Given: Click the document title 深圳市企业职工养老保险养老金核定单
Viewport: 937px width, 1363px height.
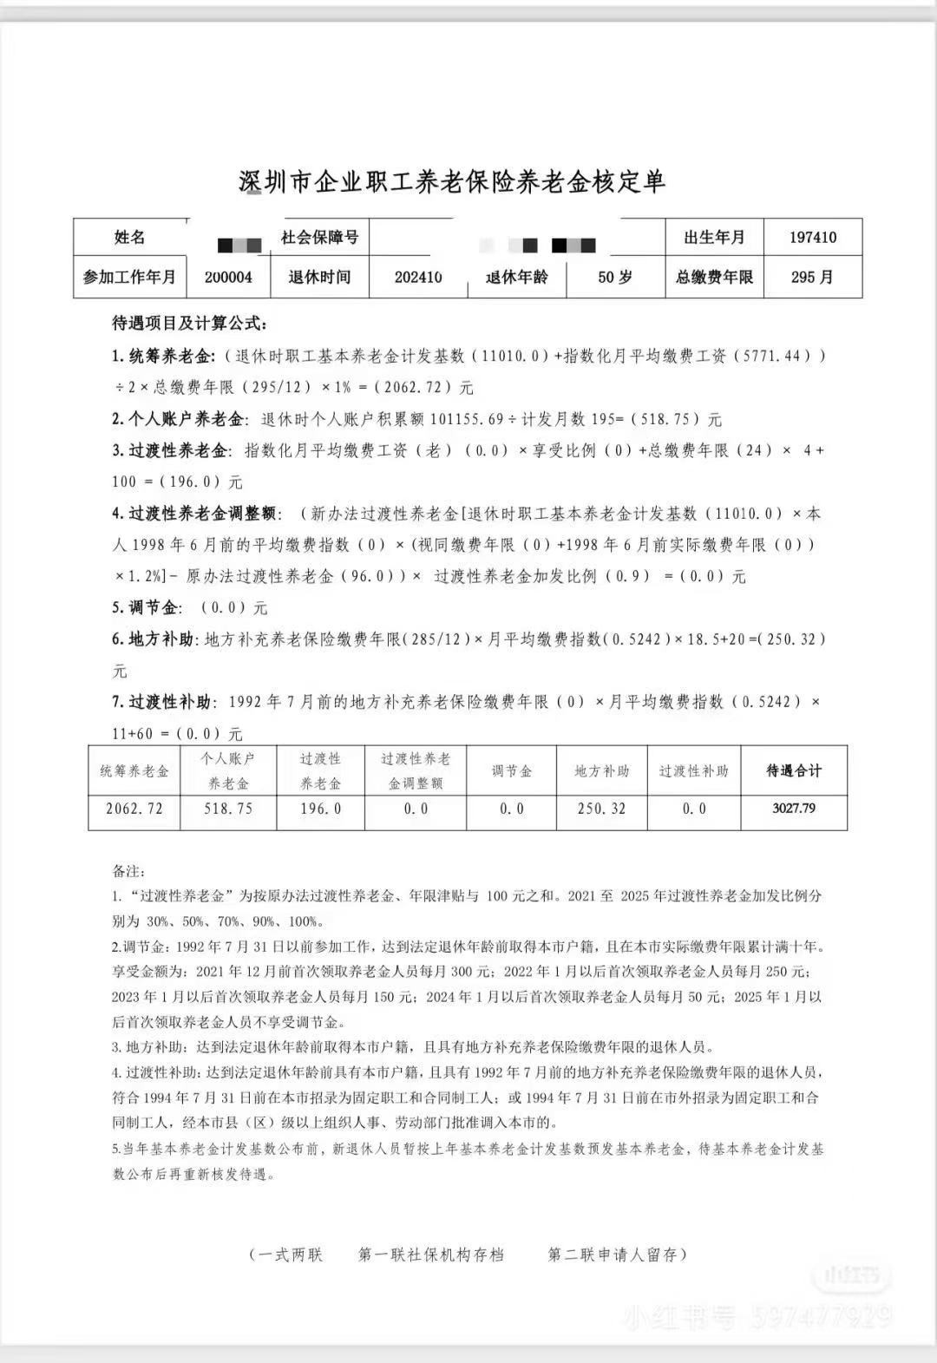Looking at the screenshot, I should point(452,181).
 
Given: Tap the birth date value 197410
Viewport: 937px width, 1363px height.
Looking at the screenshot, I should point(813,237).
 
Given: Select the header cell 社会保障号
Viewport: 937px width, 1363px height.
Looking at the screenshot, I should point(319,237).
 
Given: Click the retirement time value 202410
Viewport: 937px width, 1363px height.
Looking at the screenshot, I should point(418,278).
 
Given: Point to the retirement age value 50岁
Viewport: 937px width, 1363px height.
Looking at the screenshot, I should point(615,278).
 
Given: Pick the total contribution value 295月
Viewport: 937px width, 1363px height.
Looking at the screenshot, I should point(813,278).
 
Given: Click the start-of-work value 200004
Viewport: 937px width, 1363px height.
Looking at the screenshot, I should point(228,278).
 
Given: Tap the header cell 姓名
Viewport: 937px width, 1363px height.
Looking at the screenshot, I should point(130,237).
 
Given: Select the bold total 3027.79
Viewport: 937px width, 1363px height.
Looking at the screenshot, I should point(794,809).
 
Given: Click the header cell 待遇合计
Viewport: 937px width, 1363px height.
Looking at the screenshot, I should point(794,770).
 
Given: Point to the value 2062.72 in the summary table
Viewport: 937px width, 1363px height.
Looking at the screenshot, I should point(134,809).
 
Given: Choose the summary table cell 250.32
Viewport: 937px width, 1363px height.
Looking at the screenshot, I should point(601,809).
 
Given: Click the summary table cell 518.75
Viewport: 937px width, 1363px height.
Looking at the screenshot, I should point(228,809).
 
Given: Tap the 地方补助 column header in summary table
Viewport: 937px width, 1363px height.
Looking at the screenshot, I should point(601,770).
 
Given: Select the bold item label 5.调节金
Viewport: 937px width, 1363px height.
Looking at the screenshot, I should point(146,607).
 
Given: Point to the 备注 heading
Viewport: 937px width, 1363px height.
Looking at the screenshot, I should point(129,870).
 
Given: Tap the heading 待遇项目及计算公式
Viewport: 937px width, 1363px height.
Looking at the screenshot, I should point(189,324).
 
